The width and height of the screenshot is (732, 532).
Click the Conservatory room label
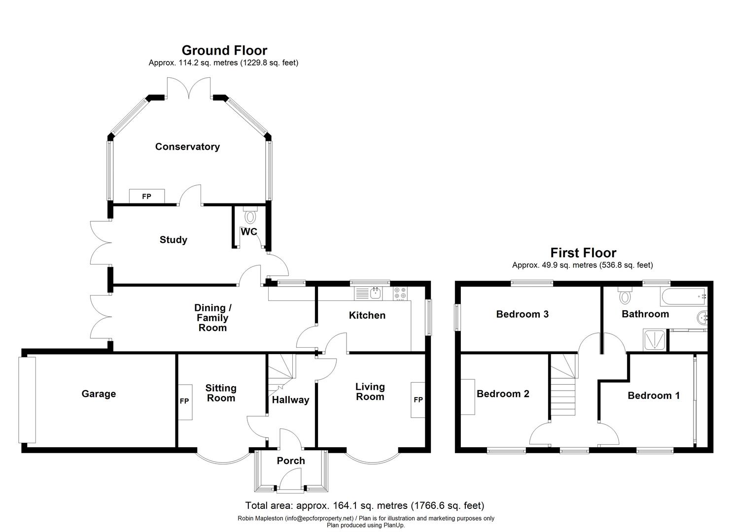187,147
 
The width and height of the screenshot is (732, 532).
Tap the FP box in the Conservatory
146,196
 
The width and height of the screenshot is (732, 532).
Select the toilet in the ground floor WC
250,215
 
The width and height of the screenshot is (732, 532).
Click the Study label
174,240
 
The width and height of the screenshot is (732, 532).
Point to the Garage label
99,394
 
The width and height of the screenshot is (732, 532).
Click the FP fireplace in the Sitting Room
185,401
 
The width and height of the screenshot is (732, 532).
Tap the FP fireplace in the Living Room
418,399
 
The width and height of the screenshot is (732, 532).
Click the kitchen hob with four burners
400,294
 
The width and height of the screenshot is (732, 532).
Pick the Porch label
291,461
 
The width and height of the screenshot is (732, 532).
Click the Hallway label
290,400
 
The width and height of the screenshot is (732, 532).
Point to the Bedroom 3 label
522,314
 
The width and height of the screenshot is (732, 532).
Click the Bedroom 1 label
654,396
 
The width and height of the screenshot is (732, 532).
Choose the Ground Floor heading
224,51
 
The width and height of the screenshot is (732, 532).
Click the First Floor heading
583,253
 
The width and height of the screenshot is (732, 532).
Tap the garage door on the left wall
27,399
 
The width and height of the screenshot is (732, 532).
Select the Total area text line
365,506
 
